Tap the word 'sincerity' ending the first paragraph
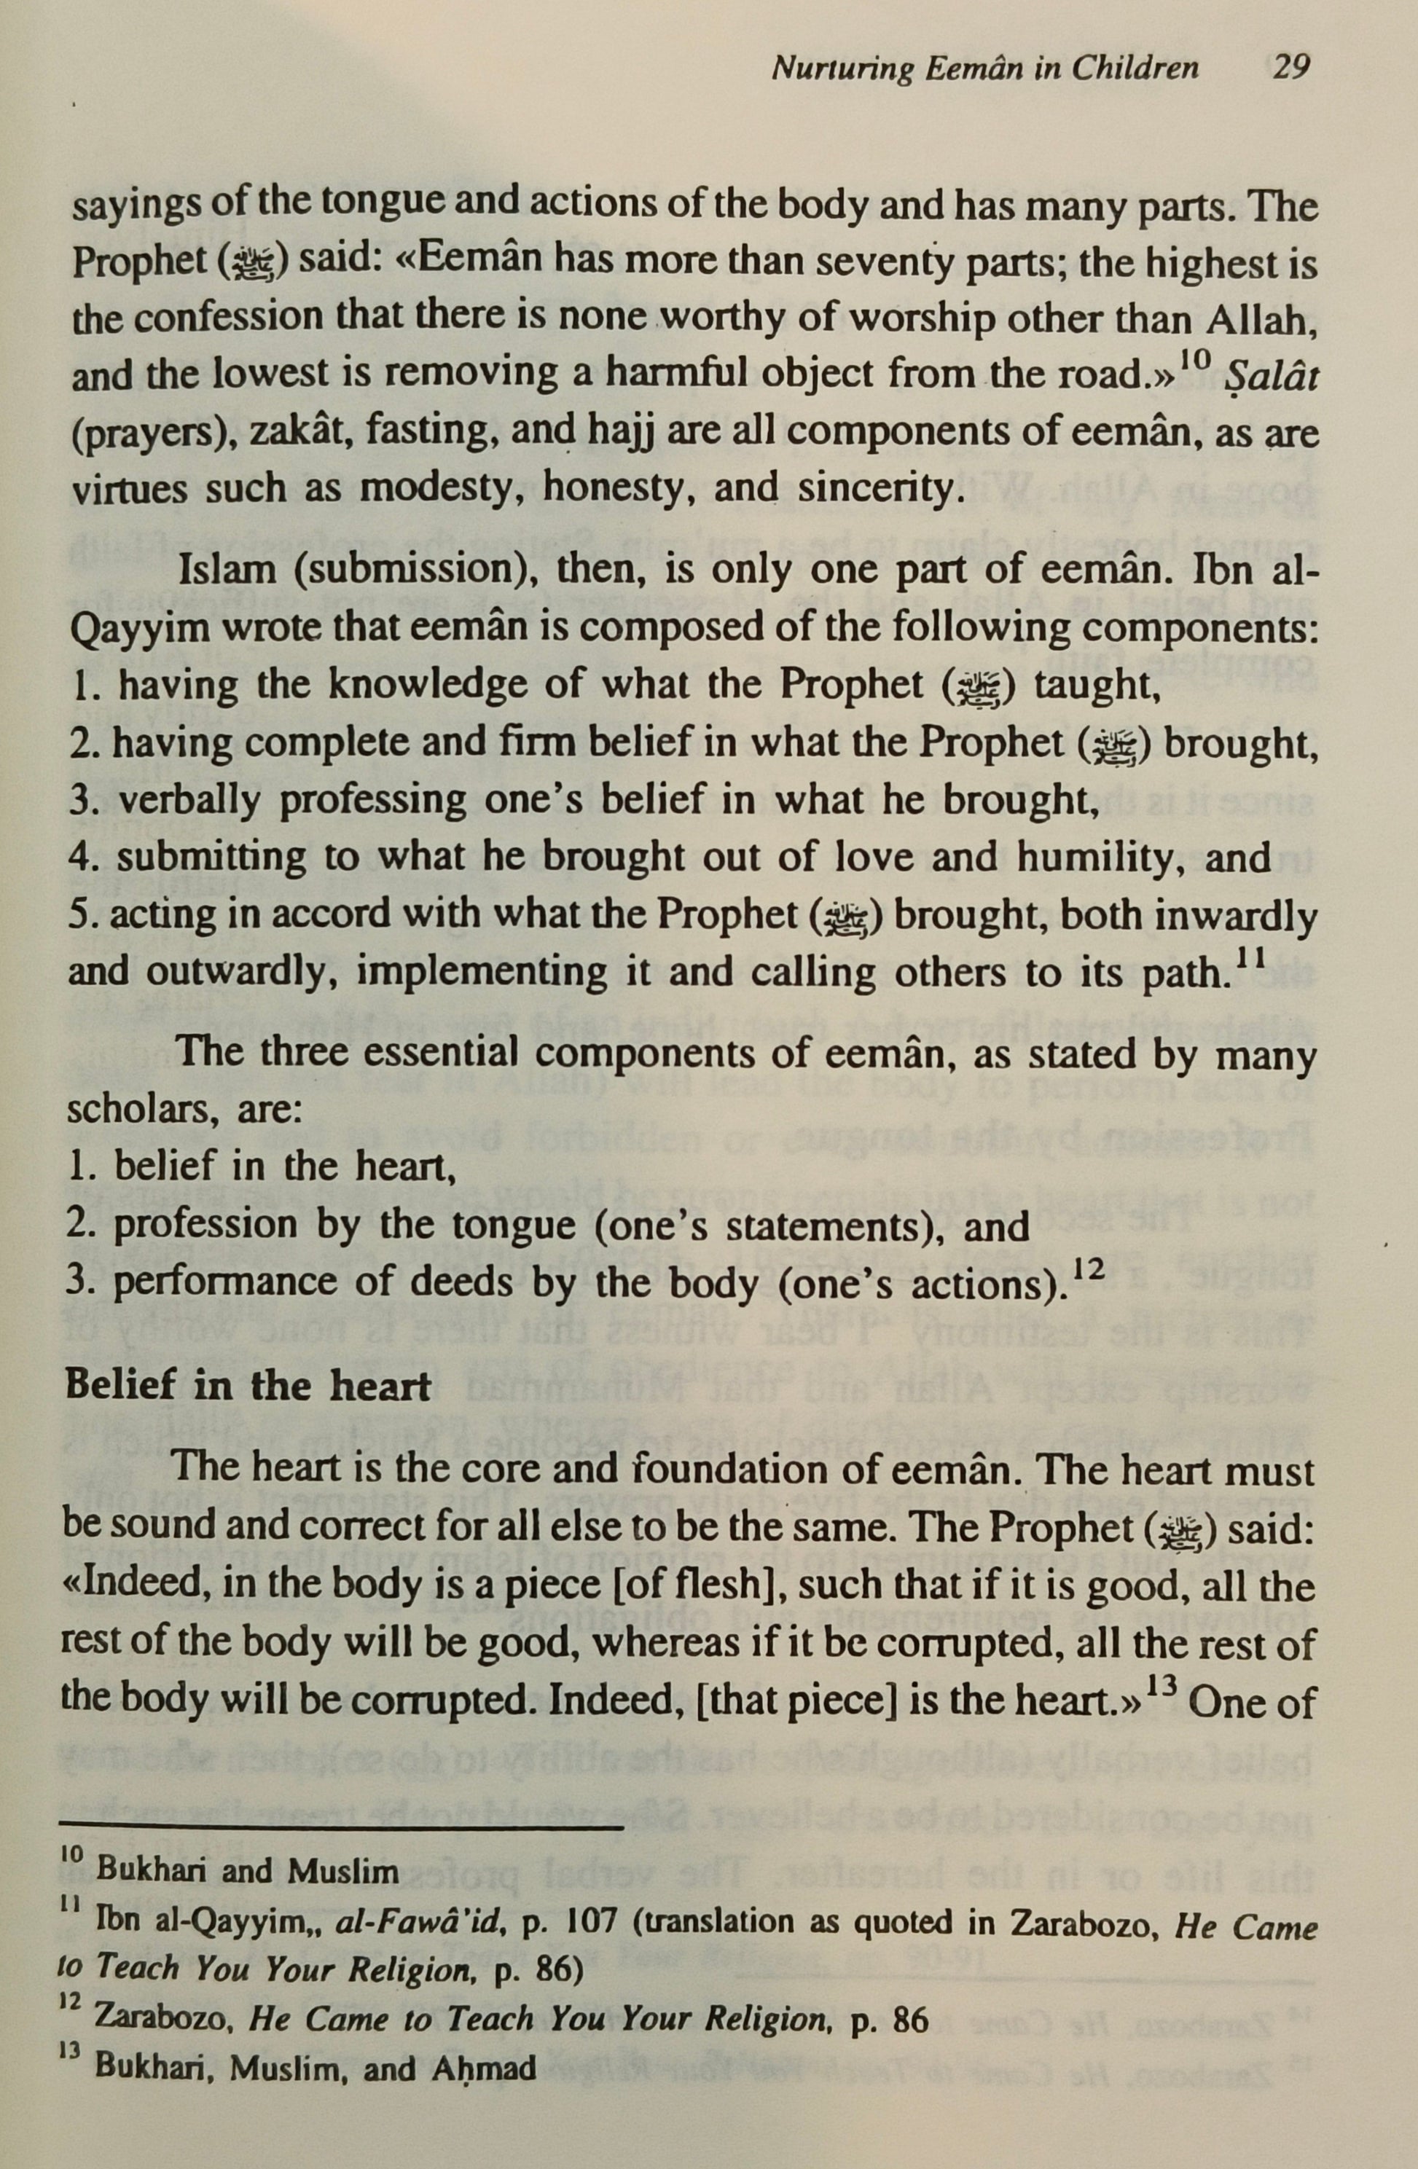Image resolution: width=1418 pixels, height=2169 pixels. (877, 490)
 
